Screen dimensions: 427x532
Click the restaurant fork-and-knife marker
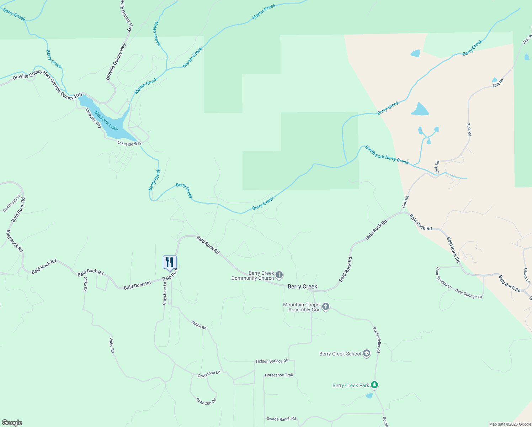pyautogui.click(x=170, y=262)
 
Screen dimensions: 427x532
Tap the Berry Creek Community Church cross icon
pyautogui.click(x=280, y=275)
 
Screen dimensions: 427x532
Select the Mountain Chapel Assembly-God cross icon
pyautogui.click(x=326, y=307)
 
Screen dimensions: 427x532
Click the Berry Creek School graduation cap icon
pyautogui.click(x=367, y=354)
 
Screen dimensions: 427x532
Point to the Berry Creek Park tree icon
pyautogui.click(x=374, y=385)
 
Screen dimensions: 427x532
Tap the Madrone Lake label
pyautogui.click(x=106, y=120)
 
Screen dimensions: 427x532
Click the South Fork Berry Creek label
pyautogui.click(x=387, y=155)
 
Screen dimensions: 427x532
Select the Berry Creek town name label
pyautogui.click(x=302, y=286)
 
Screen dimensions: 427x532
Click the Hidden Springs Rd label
pyautogui.click(x=272, y=361)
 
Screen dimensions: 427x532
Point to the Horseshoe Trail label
pyautogui.click(x=279, y=375)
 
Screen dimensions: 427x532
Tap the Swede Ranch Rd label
pyautogui.click(x=281, y=419)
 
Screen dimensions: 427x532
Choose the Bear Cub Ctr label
pyautogui.click(x=206, y=401)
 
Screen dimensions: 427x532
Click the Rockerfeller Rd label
pyautogui.click(x=377, y=340)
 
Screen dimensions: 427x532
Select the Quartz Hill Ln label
pyautogui.click(x=12, y=203)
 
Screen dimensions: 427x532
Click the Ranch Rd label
pyautogui.click(x=199, y=325)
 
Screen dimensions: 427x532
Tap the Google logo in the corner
pyautogui.click(x=12, y=423)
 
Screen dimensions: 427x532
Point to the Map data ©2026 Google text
pyautogui.click(x=510, y=424)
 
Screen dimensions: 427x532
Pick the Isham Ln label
pyautogui.click(x=527, y=276)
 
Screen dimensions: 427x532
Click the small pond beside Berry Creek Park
pyautogui.click(x=369, y=396)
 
